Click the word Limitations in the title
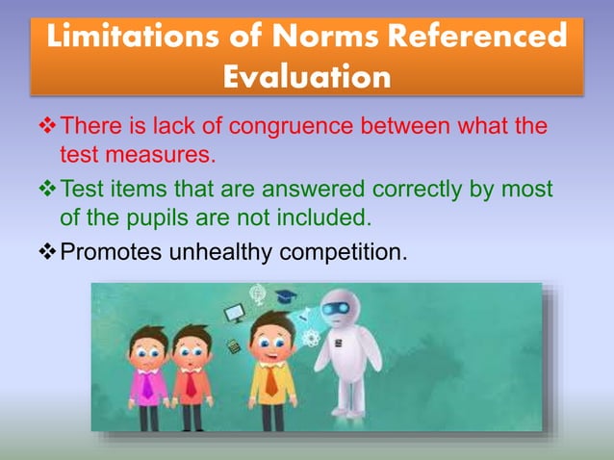pos(128,38)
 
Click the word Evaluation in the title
pos(307,77)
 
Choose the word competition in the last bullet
pos(342,254)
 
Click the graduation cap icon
pos(286,298)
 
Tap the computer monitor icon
pos(234,312)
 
